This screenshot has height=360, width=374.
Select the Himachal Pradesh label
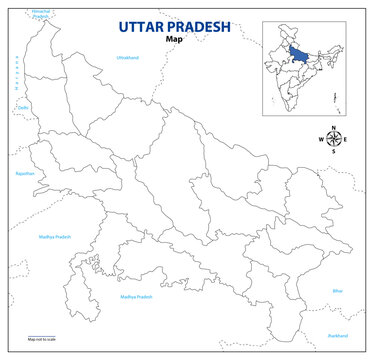coord(40,12)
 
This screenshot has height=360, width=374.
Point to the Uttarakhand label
coord(128,58)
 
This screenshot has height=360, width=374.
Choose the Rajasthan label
coord(25,173)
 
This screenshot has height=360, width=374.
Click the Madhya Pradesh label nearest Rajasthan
coord(55,237)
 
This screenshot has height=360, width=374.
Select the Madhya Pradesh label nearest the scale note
coord(136,297)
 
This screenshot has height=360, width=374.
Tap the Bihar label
coord(337,291)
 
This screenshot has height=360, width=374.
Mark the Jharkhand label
coord(337,336)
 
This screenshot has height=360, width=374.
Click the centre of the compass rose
coord(332,139)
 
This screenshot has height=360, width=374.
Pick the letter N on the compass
coord(332,127)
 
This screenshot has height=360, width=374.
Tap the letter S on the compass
coord(332,152)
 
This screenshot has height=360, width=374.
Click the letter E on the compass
coord(346,139)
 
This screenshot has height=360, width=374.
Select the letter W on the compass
coord(319,139)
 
